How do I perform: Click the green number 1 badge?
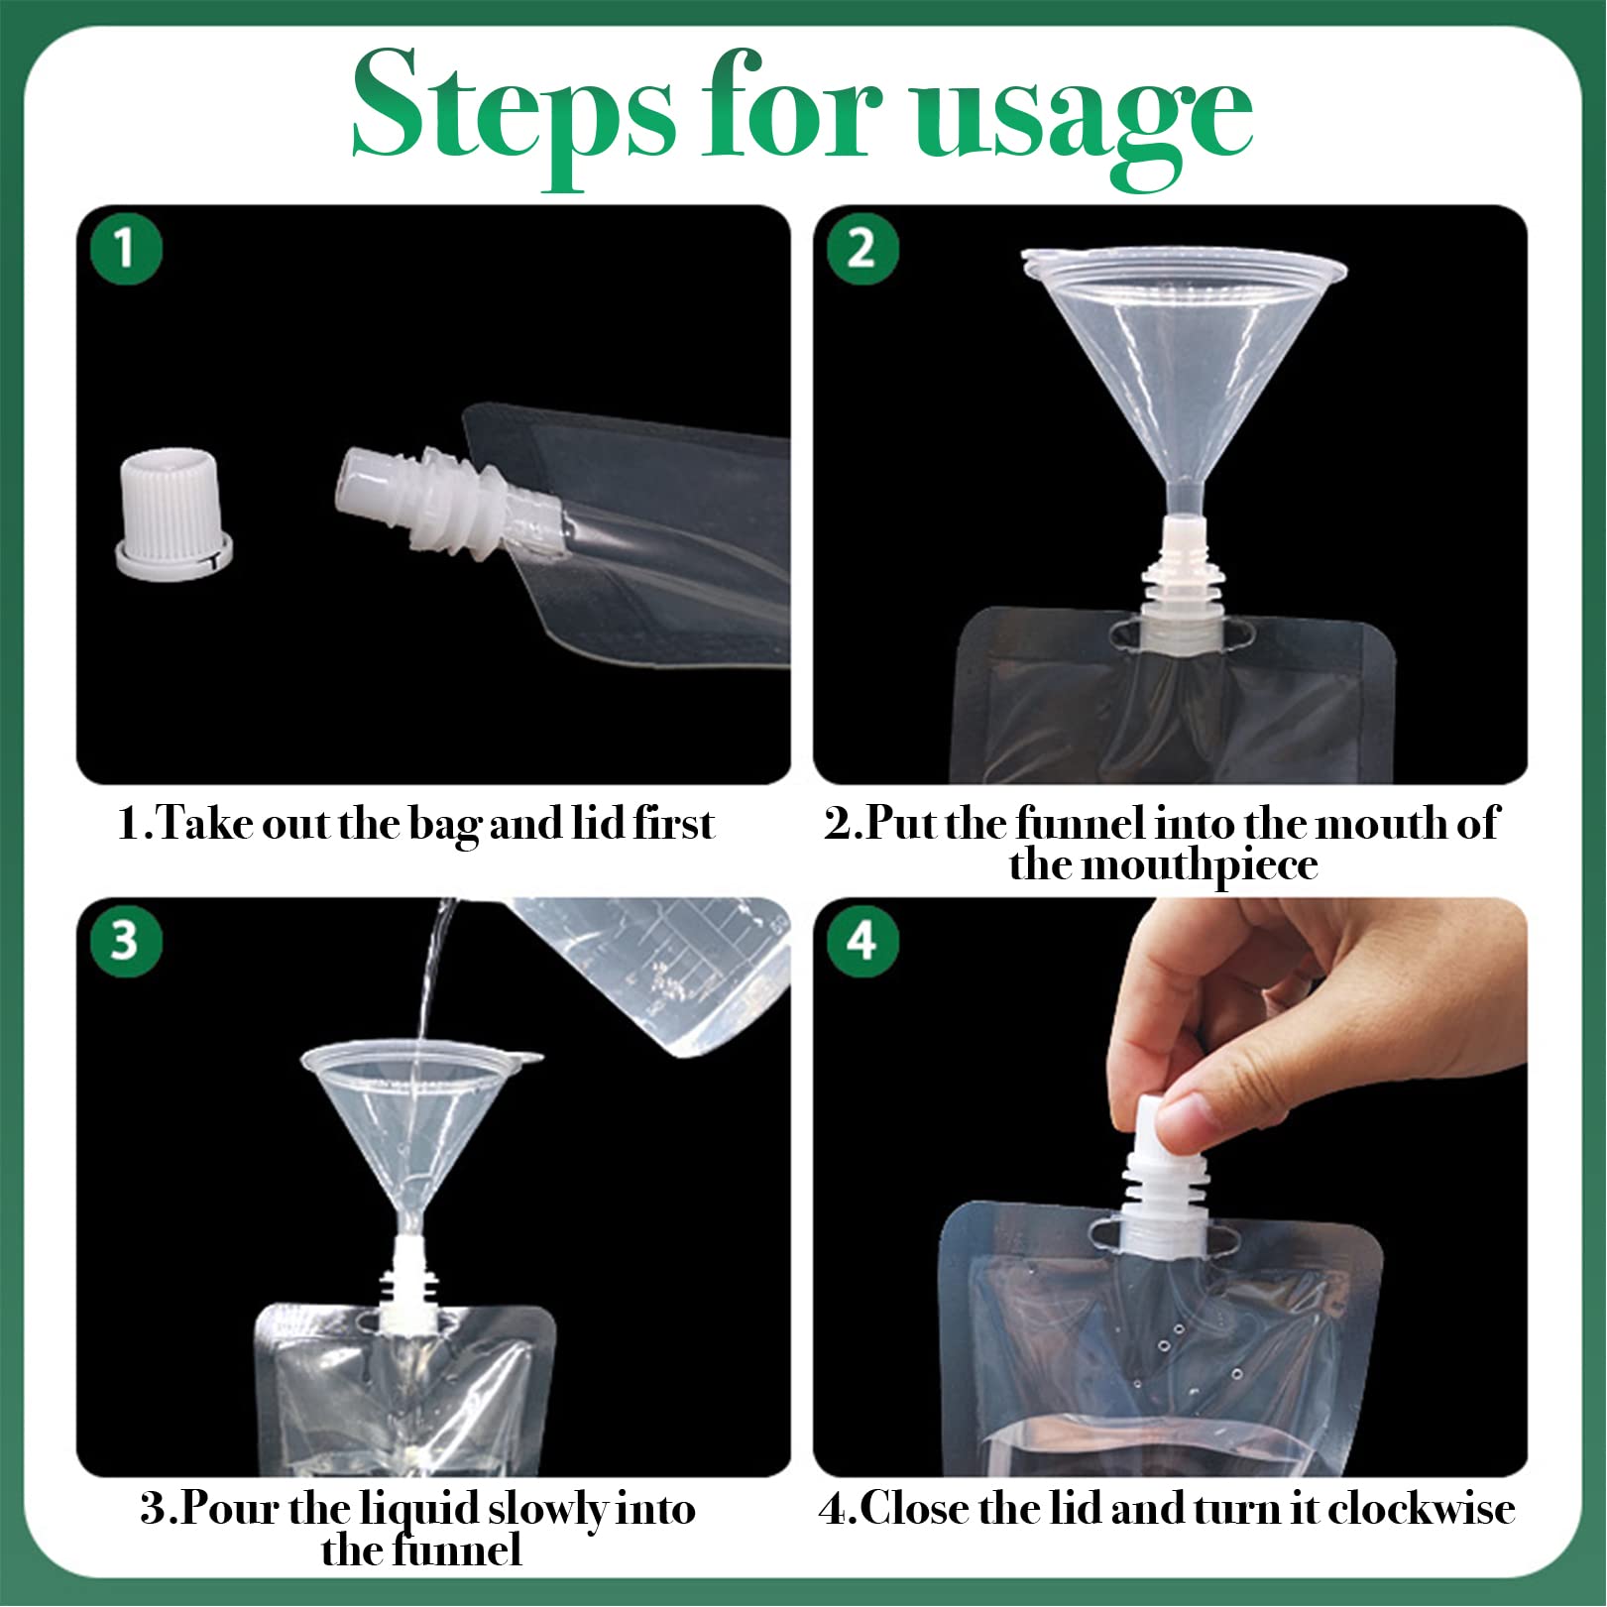(126, 248)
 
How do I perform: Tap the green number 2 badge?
(862, 248)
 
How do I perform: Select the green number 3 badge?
(126, 940)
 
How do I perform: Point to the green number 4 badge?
(862, 940)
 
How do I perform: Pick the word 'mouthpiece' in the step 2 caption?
(1200, 865)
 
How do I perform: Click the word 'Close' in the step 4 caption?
(910, 1509)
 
